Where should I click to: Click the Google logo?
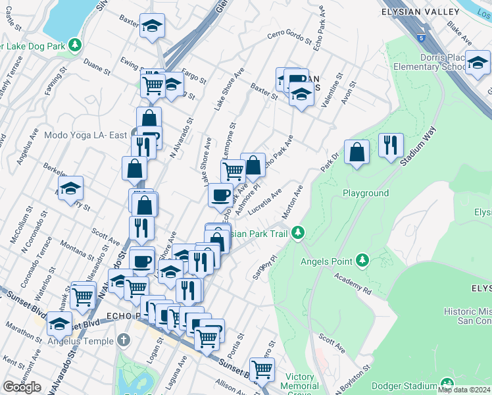(x=22, y=387)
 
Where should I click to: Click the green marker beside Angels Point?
(x=362, y=261)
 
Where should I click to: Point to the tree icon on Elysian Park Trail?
(x=299, y=233)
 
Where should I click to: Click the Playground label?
(x=366, y=194)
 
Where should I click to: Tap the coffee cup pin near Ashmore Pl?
(x=220, y=195)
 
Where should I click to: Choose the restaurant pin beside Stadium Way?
(x=391, y=145)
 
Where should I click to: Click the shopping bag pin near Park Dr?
(x=357, y=153)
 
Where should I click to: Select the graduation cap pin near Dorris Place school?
(x=478, y=64)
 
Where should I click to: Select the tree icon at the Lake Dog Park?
(x=76, y=45)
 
